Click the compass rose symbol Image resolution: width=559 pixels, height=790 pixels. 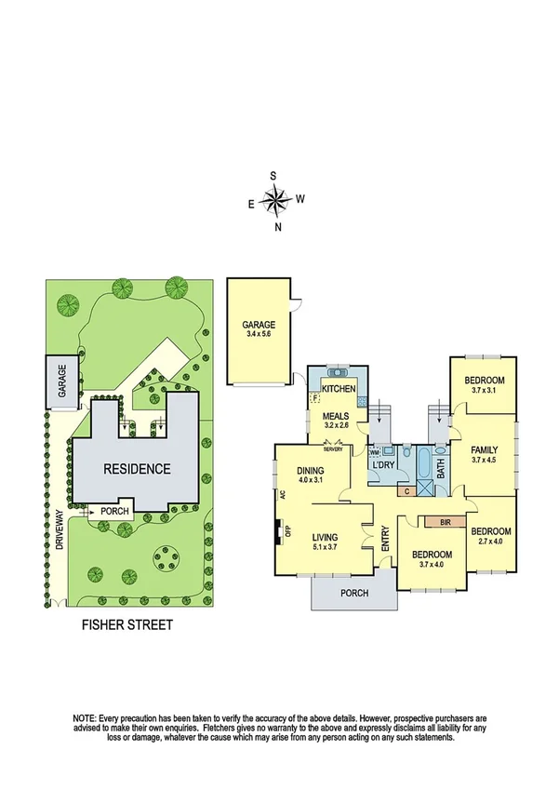tap(275, 199)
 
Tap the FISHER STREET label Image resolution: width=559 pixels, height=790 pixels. tap(127, 625)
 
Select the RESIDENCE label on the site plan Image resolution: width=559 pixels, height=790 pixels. tap(137, 469)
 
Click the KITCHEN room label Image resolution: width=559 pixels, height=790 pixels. tap(339, 388)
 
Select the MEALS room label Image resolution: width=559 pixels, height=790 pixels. tap(335, 416)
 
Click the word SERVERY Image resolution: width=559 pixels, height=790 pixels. tap(334, 450)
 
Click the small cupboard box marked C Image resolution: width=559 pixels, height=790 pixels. tap(406, 490)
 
